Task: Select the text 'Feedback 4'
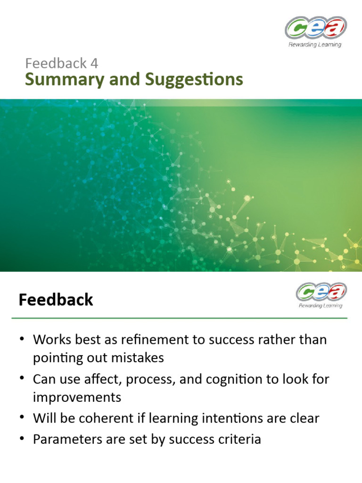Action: (62, 63)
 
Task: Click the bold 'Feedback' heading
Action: (56, 300)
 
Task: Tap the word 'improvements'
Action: (77, 397)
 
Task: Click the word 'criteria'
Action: (239, 439)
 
